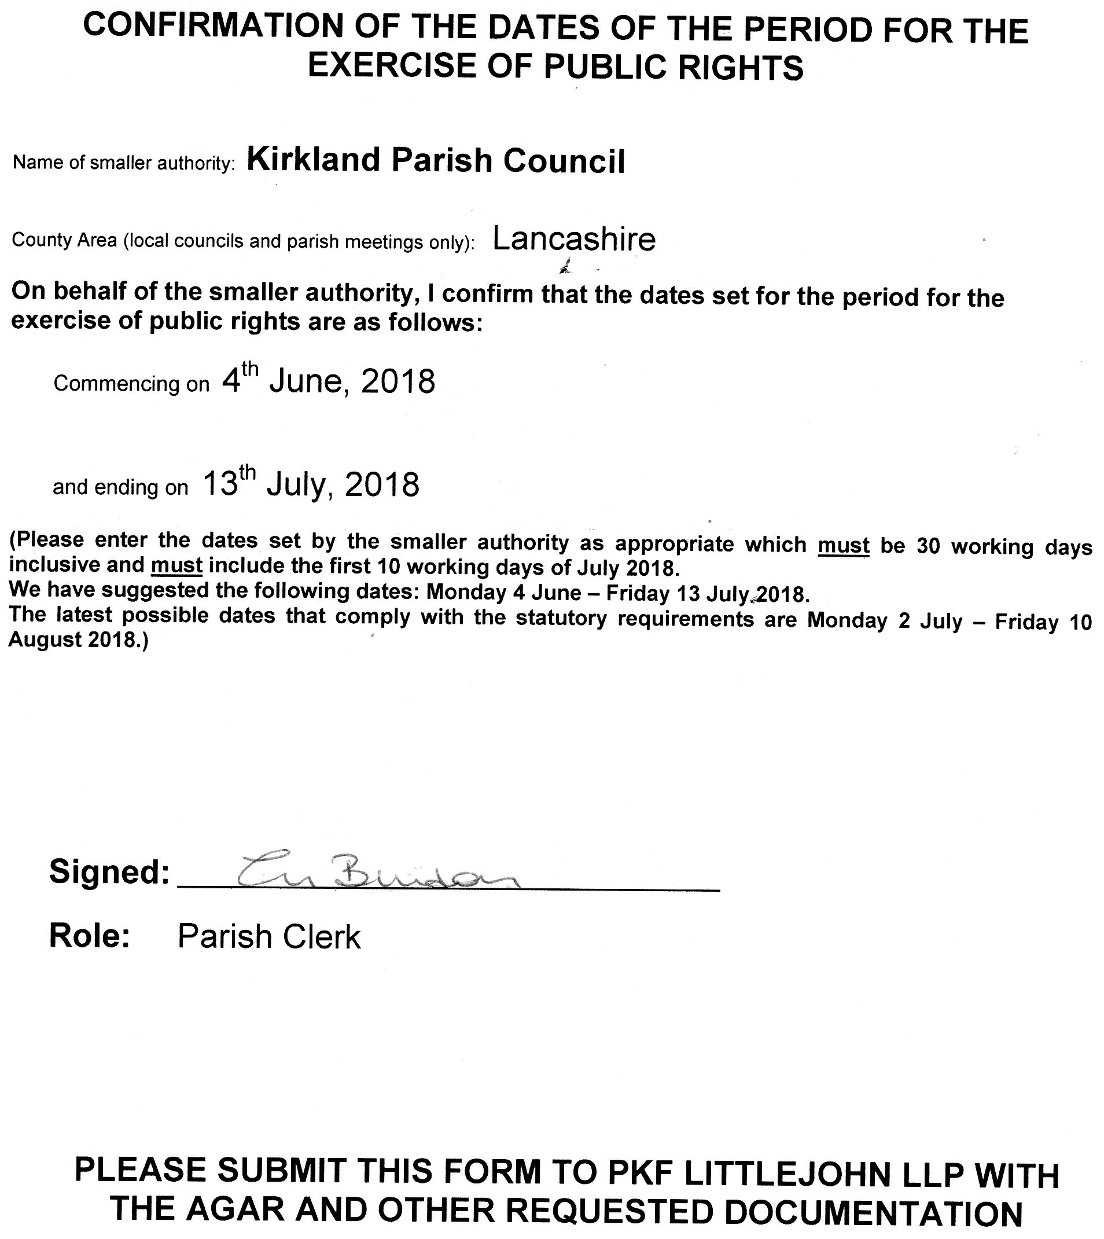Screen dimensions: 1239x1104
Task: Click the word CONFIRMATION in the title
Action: coord(203,28)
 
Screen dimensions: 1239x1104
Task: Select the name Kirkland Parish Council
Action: coord(436,161)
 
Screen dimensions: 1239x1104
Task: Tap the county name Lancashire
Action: coord(574,239)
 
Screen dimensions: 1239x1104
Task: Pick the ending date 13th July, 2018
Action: coord(311,484)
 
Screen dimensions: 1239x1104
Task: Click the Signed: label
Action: coord(109,872)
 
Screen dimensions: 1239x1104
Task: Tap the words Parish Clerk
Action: coord(268,936)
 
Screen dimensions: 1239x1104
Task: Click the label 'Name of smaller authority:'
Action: coord(124,163)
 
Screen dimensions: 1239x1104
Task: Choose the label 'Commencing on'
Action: coord(131,384)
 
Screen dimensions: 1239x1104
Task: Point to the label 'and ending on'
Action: coord(121,487)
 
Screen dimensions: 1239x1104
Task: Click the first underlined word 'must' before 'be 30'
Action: coord(843,546)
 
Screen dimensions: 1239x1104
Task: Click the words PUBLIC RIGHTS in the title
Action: coord(674,67)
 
